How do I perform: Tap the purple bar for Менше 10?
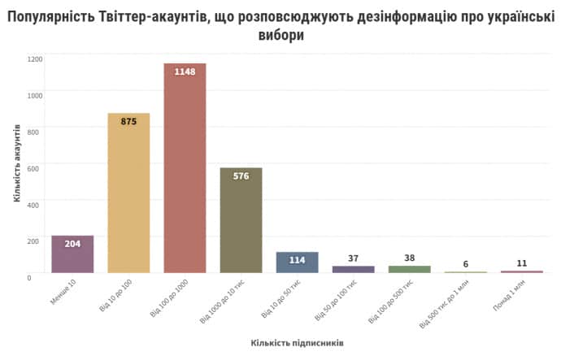pyautogui.click(x=72, y=254)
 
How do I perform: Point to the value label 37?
pyautogui.click(x=353, y=258)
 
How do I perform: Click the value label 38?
pyautogui.click(x=409, y=258)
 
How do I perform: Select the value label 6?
pyautogui.click(x=466, y=264)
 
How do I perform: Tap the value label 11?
pyautogui.click(x=521, y=263)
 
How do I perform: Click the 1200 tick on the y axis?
pyautogui.click(x=34, y=59)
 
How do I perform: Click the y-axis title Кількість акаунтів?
pyautogui.click(x=17, y=163)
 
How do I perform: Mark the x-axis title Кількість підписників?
pyautogui.click(x=297, y=343)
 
